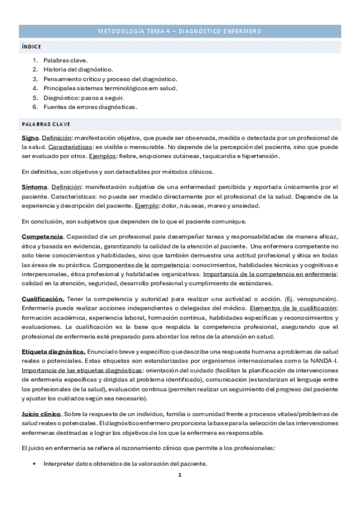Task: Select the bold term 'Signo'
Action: pos(29,138)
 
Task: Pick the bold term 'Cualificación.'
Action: pos(43,299)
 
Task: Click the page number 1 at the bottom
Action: pos(180,475)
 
